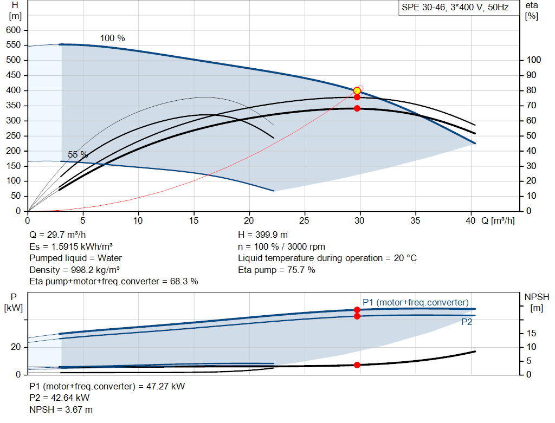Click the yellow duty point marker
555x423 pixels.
357,91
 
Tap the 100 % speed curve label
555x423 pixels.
113,38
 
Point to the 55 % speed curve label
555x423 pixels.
78,154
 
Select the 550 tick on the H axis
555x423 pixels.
13,45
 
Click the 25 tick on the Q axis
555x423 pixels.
304,220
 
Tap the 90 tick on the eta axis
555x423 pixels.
531,75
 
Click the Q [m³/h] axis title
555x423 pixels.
498,220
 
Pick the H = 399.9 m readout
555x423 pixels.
263,235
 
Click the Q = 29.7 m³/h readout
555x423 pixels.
57,235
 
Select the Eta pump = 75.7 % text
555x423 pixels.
276,270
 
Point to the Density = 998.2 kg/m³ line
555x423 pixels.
74,270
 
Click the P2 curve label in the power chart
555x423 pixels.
467,322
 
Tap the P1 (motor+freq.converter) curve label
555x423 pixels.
416,302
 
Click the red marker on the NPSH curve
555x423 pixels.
357,365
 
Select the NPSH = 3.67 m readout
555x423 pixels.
61,409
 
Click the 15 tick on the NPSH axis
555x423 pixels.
531,333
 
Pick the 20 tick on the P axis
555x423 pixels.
16,347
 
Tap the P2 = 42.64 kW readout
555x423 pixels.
60,398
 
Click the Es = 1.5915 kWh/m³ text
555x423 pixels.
71,246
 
